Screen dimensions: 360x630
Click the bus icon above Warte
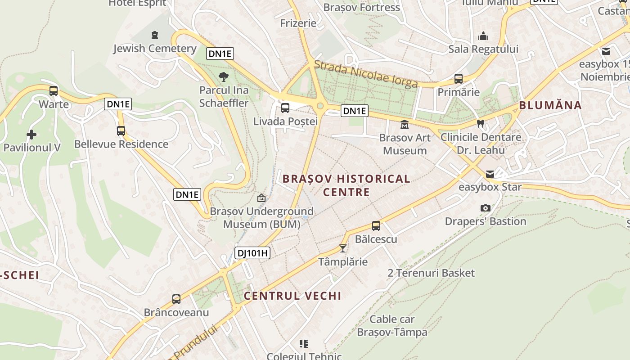point(54,90)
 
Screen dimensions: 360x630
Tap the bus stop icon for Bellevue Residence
point(121,131)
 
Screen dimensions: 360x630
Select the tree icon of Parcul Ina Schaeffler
point(223,77)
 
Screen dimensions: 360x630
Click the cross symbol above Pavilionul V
point(31,134)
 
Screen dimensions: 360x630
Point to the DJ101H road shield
point(252,253)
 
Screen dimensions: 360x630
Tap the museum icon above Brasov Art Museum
point(405,124)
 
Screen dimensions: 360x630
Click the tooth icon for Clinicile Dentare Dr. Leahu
point(481,123)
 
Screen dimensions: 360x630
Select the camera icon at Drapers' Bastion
point(485,208)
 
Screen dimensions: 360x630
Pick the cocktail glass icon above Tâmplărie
point(343,248)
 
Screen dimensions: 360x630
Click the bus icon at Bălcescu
point(376,226)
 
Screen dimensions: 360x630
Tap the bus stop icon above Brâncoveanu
point(176,299)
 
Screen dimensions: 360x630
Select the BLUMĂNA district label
point(550,105)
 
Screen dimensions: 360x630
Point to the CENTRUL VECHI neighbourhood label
point(292,296)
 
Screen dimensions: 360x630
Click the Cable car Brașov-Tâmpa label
point(392,326)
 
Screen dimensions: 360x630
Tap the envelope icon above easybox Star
point(490,174)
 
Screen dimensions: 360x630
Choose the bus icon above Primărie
point(459,79)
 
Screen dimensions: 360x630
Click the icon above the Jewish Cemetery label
point(155,35)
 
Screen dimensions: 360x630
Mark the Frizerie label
point(298,23)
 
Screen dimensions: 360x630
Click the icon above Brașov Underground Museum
point(261,198)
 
